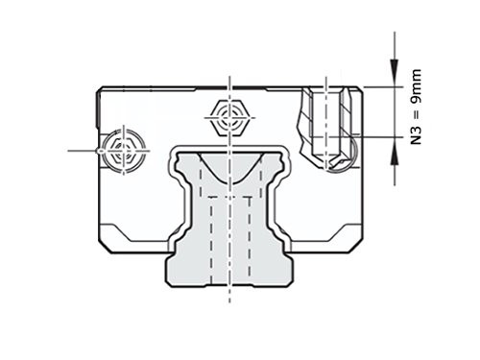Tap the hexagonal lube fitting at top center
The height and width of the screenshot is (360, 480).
point(229,120)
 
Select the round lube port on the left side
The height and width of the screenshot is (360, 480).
point(121,151)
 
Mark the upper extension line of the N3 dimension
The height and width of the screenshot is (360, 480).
point(379,87)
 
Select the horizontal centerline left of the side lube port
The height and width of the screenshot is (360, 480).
point(82,151)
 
